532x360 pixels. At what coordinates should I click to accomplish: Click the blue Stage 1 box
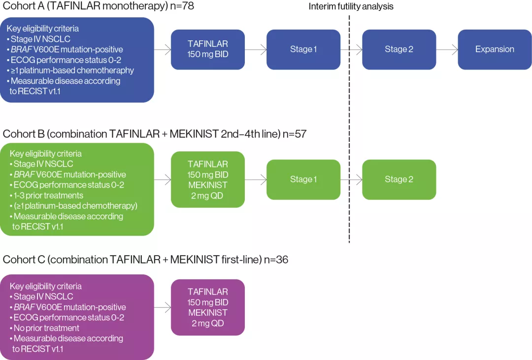click(x=303, y=49)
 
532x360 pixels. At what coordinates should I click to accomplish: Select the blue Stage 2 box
click(x=399, y=49)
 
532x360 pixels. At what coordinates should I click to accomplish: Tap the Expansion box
click(x=495, y=49)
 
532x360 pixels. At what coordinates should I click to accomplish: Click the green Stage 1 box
click(x=303, y=179)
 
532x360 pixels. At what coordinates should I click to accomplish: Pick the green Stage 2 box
click(x=399, y=179)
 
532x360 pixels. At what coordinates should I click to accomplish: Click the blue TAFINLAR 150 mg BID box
click(x=207, y=49)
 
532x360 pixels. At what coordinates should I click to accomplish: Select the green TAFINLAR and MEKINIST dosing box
click(x=207, y=179)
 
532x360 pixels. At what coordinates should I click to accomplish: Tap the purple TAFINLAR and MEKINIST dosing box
click(x=207, y=307)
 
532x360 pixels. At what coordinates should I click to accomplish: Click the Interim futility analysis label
click(x=351, y=7)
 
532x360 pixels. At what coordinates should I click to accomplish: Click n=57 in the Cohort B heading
click(x=295, y=133)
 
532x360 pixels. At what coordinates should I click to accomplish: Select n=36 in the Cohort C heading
click(x=276, y=260)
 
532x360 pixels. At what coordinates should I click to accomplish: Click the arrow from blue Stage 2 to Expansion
click(x=447, y=49)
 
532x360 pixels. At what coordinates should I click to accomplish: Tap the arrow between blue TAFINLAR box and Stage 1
click(x=255, y=49)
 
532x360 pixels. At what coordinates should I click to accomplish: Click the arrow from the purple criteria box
click(x=162, y=307)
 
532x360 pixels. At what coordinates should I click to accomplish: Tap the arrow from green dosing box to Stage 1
click(x=255, y=179)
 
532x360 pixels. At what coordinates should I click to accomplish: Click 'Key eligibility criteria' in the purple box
click(x=46, y=286)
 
